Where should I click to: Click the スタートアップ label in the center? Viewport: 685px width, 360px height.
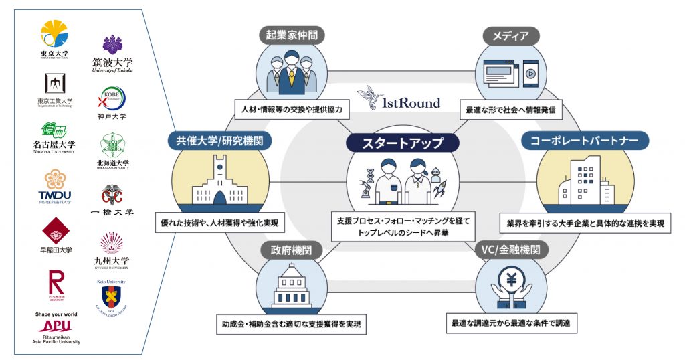click(403, 143)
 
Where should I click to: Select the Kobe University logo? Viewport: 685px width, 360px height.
click(112, 100)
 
